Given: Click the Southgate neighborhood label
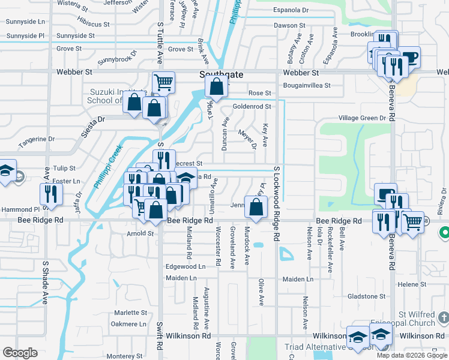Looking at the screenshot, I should tap(221, 74).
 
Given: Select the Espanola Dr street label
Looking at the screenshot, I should tap(291, 10).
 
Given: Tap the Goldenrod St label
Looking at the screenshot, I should tap(252, 106).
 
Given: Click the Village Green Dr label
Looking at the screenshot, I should tap(362, 118).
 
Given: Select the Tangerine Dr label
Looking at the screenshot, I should tap(37, 139).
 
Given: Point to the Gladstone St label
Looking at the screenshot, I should tap(366, 296).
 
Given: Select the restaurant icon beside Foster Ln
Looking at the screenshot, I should tap(50, 193).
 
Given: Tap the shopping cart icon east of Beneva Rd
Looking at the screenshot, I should tap(412, 222).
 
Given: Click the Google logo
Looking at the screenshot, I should tap(20, 352).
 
